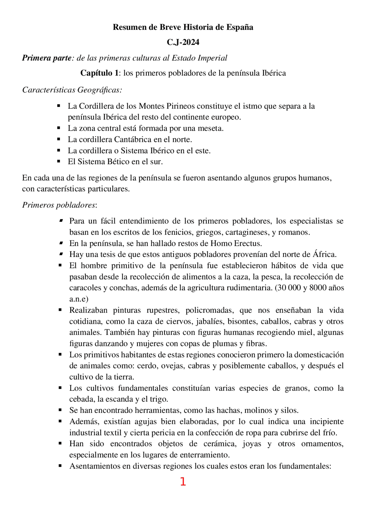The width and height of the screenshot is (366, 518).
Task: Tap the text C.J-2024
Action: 183,42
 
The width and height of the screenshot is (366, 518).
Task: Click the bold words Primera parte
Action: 47,58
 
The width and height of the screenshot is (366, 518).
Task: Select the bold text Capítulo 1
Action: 99,73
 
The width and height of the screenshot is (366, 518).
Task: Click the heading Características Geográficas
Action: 72,90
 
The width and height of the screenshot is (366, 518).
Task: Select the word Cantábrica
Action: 133,140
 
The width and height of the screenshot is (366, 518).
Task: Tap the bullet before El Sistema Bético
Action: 59,161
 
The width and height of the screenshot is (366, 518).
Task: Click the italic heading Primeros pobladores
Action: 59,205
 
